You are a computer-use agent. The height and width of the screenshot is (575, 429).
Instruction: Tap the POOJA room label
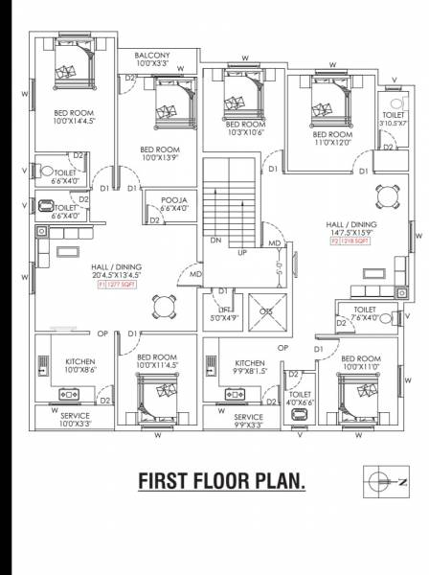pyautogui.click(x=173, y=203)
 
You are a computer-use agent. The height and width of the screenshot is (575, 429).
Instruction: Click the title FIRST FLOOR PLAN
pyautogui.click(x=222, y=479)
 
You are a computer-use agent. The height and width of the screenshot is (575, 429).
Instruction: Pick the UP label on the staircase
pyautogui.click(x=243, y=252)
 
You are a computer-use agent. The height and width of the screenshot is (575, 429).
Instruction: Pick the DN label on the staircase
pyautogui.click(x=215, y=241)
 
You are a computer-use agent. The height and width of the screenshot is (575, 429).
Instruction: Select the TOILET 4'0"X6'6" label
pyautogui.click(x=300, y=398)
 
